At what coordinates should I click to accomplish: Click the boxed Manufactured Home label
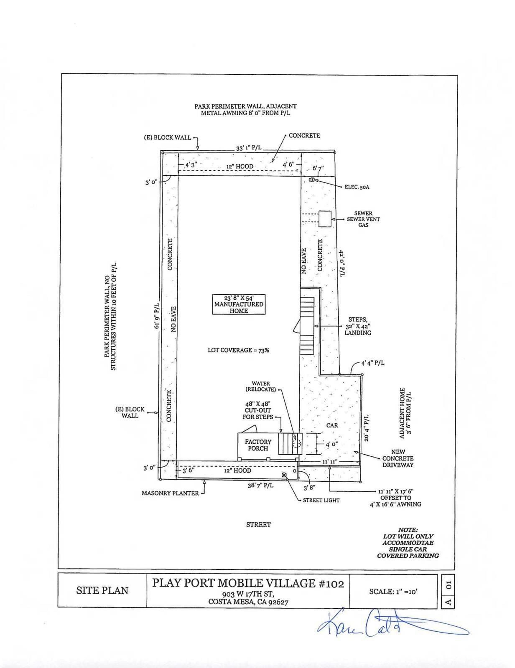238,304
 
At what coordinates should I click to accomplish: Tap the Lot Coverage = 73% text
238,350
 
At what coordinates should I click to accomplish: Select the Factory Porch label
258,445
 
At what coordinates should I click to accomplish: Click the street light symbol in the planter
284,475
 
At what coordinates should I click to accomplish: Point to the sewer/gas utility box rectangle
325,219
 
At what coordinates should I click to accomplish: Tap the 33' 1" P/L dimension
249,147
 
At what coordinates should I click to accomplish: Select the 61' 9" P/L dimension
157,316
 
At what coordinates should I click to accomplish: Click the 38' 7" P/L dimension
260,486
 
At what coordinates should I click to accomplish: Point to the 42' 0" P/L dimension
341,263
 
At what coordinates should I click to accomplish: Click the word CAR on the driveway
332,425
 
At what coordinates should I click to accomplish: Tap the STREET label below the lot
258,524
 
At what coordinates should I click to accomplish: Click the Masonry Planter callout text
170,493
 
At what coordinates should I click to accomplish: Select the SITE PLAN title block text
102,590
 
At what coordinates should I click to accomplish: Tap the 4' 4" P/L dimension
372,363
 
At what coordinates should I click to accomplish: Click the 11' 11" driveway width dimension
330,461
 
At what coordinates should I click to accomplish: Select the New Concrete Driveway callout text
398,458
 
